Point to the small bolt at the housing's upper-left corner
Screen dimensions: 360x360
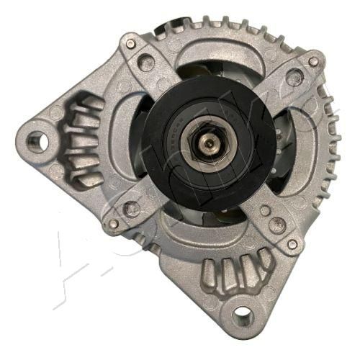point(130,44)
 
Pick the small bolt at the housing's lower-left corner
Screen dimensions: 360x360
point(113,224)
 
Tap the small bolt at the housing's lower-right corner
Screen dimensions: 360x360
point(292,244)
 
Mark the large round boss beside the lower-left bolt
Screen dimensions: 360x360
point(132,208)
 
